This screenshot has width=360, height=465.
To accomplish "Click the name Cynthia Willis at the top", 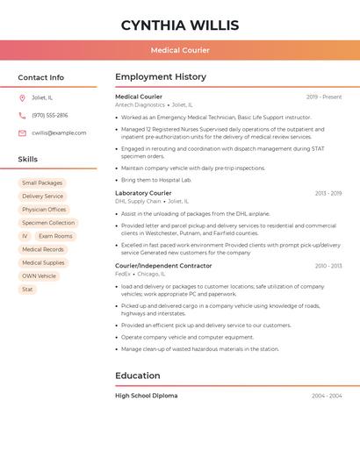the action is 179,25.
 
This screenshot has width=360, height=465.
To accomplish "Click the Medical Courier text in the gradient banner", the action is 180,51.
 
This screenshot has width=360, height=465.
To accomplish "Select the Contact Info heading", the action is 40,77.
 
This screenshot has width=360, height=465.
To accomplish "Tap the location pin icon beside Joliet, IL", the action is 22,97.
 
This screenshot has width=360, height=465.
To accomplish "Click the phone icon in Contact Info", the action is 22,115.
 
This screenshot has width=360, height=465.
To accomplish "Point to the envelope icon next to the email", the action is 22,133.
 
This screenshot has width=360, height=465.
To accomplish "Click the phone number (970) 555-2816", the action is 50,115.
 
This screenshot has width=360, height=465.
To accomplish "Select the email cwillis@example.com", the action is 59,133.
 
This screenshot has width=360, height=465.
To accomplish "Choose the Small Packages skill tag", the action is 42,183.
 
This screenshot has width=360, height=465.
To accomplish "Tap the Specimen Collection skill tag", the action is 48,223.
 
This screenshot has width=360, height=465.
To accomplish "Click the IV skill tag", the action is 25,236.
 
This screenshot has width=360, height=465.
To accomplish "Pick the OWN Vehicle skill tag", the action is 39,275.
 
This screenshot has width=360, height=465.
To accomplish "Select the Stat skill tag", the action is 27,289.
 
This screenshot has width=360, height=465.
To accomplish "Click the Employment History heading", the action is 161,77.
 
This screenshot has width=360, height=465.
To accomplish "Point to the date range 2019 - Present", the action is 324,97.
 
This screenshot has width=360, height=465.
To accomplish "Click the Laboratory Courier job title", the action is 143,193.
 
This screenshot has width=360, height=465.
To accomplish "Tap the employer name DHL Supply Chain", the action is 138,201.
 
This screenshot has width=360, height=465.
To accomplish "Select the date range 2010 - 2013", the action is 328,266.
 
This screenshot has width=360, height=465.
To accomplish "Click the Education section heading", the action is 138,376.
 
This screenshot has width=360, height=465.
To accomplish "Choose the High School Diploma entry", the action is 146,396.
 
